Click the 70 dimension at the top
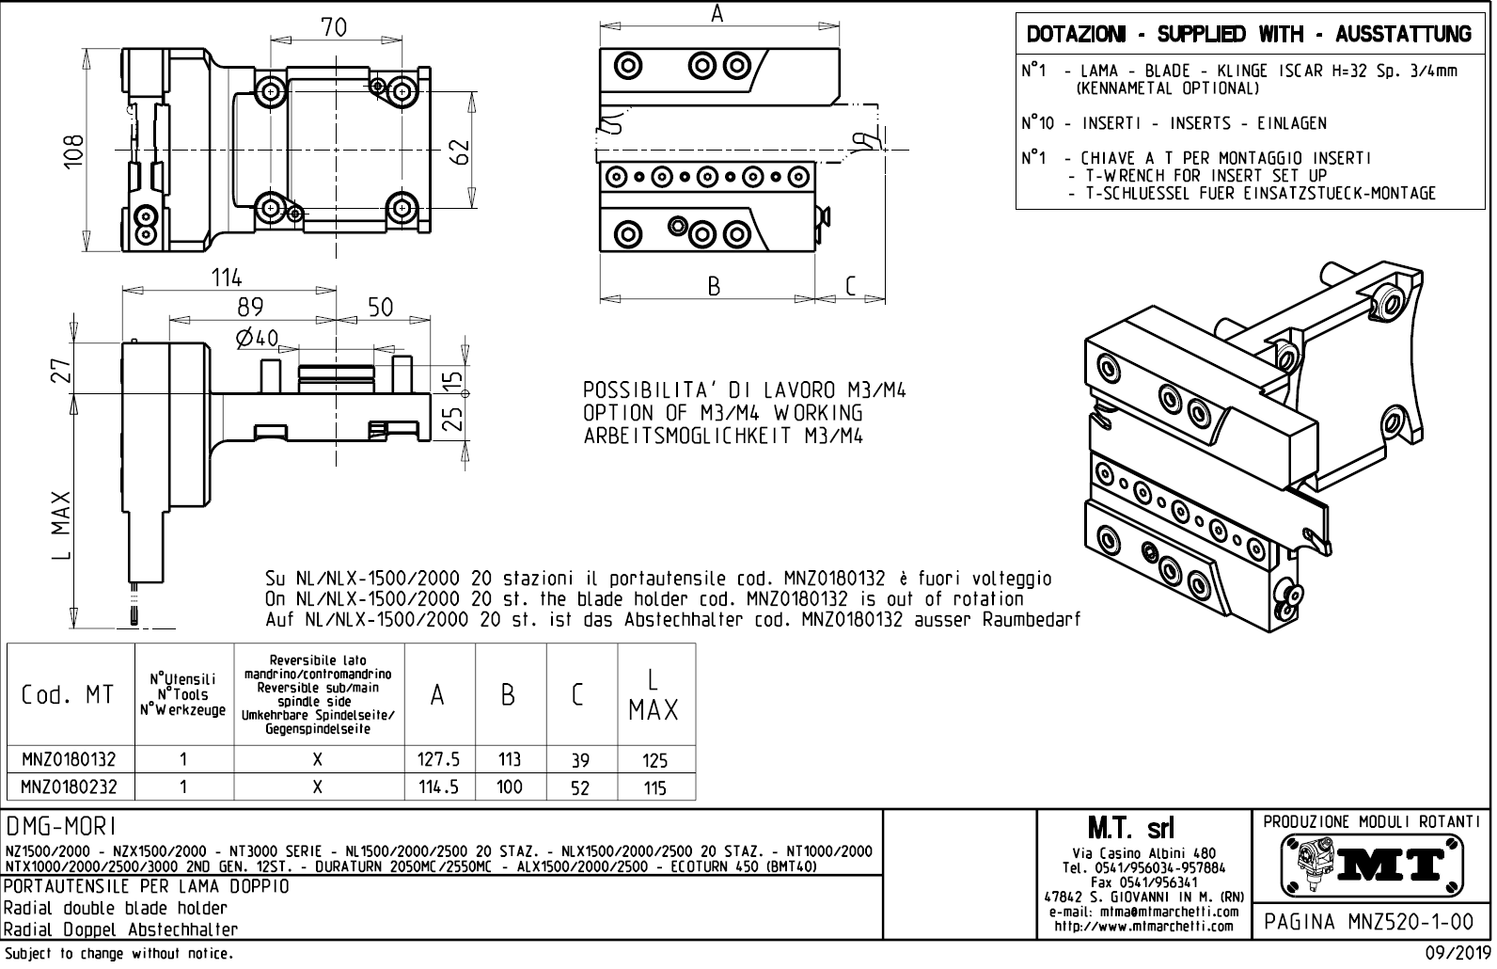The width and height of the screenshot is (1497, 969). click(334, 28)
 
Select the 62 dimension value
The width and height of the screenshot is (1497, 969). click(458, 151)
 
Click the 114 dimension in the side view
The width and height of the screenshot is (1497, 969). click(226, 278)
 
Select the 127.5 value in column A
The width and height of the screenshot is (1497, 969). click(438, 759)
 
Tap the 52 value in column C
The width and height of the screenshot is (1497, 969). click(580, 787)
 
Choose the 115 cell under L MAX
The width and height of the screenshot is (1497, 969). click(654, 787)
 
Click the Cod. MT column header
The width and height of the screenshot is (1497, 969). click(68, 695)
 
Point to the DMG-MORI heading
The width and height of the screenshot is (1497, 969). click(61, 826)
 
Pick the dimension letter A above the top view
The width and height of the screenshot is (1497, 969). click(717, 14)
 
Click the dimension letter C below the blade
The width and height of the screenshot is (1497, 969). click(850, 286)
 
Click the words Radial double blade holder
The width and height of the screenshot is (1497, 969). click(116, 908)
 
